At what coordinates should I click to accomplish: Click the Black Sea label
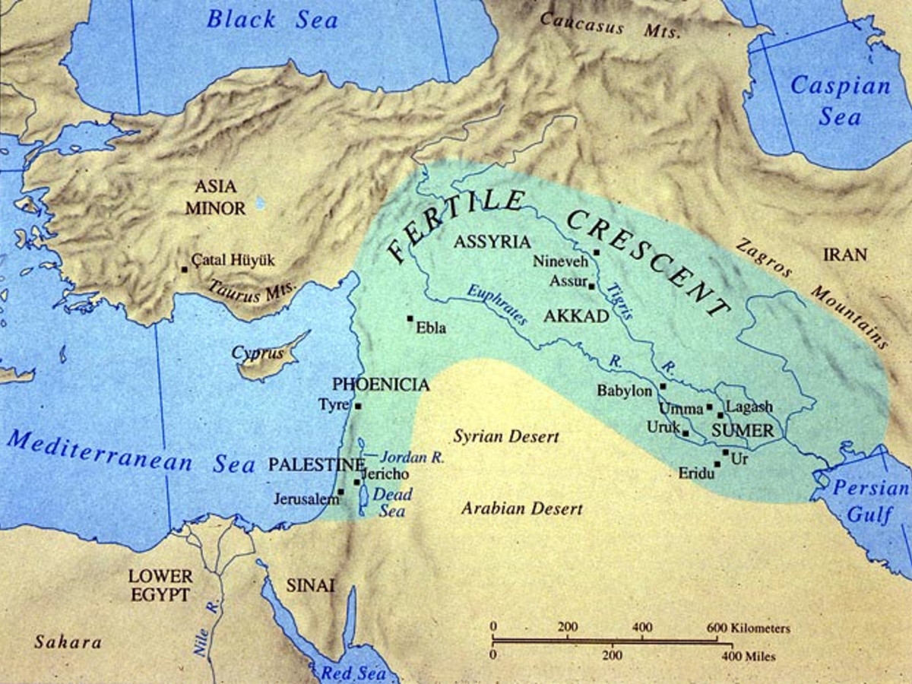tap(272, 19)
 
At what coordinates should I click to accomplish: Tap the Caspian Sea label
tap(839, 100)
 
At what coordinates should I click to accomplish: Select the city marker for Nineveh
tap(597, 252)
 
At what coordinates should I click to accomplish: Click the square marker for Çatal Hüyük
tap(184, 269)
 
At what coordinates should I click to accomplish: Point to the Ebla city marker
tap(410, 318)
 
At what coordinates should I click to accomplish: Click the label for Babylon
tap(625, 391)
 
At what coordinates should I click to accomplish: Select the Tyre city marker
tap(358, 406)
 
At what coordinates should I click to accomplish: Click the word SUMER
tap(742, 431)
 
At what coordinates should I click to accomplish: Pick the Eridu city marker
tap(717, 464)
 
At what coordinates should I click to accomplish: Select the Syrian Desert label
tap(506, 437)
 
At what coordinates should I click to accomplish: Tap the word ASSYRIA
tap(491, 242)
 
